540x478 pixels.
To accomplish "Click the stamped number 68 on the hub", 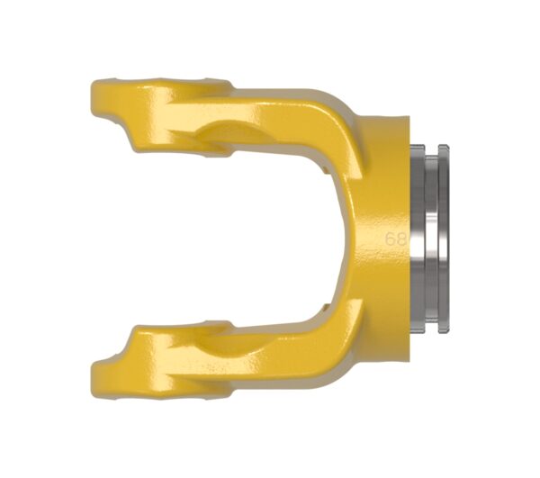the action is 396,239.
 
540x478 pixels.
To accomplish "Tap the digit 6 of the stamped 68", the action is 391,239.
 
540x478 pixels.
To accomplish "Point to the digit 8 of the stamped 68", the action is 401,239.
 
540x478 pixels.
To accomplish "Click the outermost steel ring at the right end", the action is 444,239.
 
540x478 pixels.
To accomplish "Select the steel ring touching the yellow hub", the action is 418,239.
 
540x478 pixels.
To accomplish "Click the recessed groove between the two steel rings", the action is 431,239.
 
